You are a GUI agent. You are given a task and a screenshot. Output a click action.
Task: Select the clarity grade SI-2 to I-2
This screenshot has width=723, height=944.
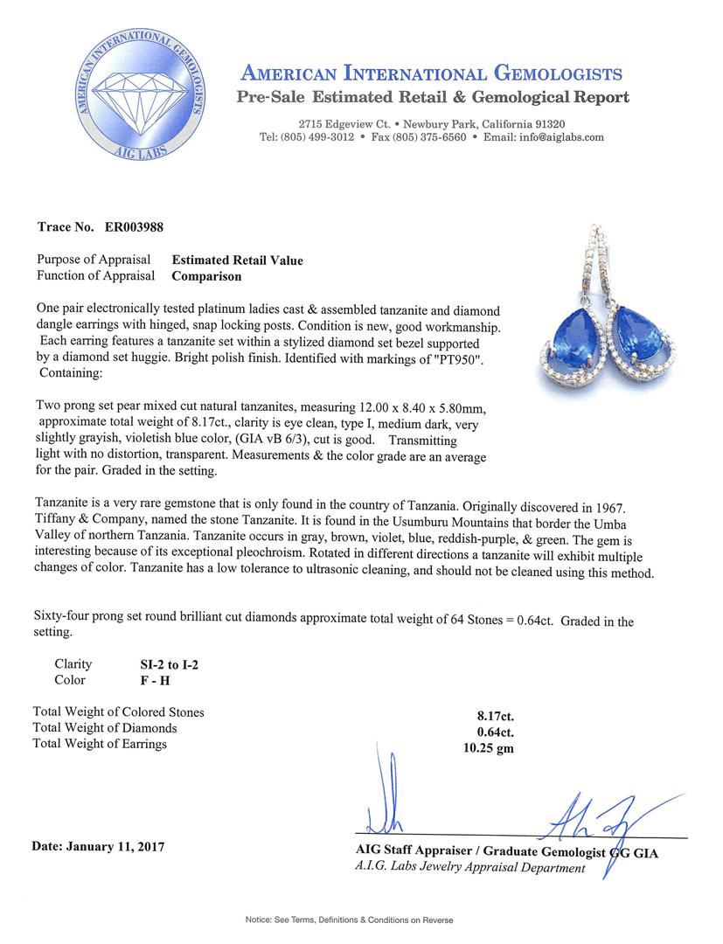pos(163,664)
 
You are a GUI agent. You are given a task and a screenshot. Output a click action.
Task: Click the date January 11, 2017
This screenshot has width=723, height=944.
pos(97,846)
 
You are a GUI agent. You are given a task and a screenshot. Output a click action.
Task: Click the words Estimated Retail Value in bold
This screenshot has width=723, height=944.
pos(237,260)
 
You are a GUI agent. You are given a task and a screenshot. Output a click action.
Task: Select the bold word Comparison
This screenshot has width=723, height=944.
pos(206,276)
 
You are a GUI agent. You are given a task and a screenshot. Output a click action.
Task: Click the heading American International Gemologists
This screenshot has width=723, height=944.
pos(430,73)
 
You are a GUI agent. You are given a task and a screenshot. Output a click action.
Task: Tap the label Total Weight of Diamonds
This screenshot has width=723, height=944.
pos(105,728)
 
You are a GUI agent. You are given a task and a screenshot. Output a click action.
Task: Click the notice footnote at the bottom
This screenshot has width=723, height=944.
pos(361,920)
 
